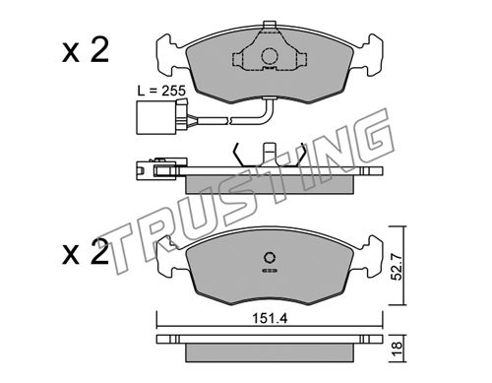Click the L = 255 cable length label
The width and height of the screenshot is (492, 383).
coord(161,91)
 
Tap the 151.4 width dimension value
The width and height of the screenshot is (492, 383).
coord(270,318)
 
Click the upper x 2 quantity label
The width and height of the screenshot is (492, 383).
coord(86,51)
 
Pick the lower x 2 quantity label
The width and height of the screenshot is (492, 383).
coord(86,252)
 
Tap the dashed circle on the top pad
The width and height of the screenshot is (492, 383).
coord(270,56)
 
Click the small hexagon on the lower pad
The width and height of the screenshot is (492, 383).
coord(270,258)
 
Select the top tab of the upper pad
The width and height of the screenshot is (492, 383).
coord(270,25)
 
